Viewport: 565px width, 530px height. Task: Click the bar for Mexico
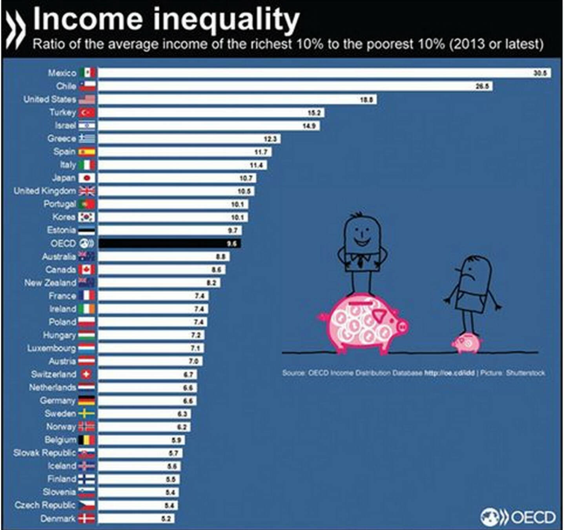pos(324,73)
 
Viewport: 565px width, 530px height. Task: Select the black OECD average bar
pos(169,244)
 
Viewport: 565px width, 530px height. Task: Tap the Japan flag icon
pos(87,178)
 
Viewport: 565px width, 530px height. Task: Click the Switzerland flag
pos(87,374)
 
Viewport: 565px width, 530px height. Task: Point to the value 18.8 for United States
pos(366,100)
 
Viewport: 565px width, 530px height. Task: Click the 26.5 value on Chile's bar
pos(482,86)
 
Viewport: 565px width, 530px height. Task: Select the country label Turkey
pos(62,113)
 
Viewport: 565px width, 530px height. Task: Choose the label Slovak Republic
pos(44,453)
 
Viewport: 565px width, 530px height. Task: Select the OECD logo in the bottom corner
pos(518,517)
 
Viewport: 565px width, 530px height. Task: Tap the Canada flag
pos(87,270)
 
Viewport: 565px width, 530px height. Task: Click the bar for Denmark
pos(135,519)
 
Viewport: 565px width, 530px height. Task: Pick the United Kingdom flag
pos(87,191)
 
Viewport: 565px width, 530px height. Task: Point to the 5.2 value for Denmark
pos(166,519)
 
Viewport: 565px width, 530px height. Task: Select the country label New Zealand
pos(50,283)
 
